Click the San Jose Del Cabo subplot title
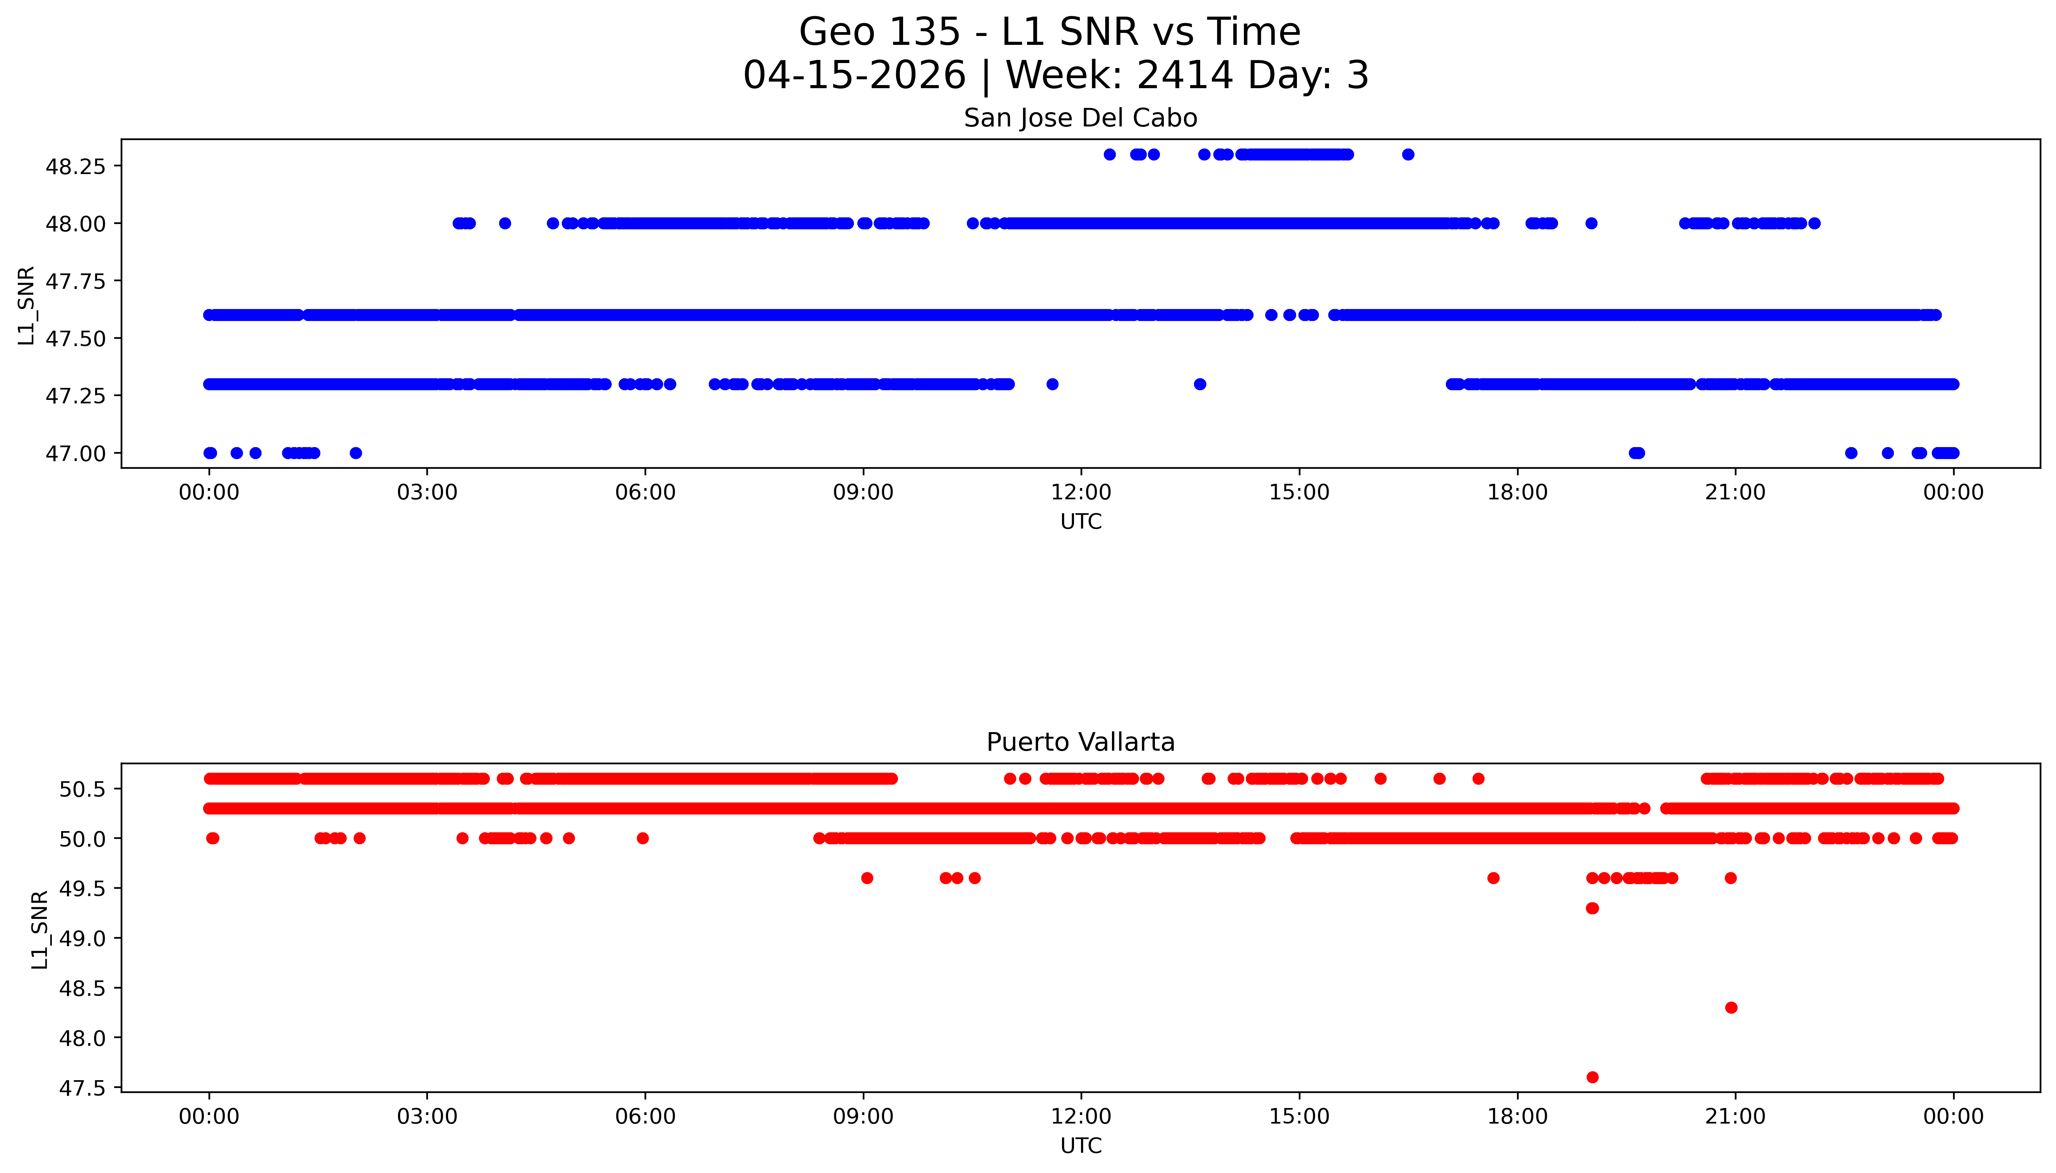click(1080, 118)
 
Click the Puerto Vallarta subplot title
click(1080, 742)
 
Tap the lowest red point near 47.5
click(1592, 1077)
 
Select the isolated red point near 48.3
click(1730, 1008)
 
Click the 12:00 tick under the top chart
click(1081, 492)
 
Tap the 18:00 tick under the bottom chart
click(1517, 1117)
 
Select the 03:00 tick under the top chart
click(427, 492)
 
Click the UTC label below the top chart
click(1080, 522)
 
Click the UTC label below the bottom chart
click(1080, 1146)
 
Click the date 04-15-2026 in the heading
click(854, 76)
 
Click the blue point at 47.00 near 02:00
click(356, 453)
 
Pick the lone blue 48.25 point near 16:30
click(1407, 155)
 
